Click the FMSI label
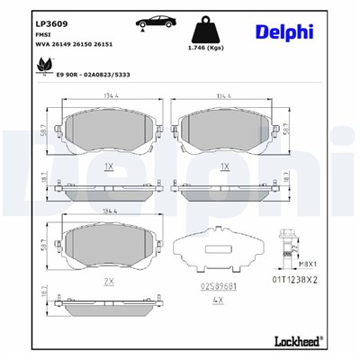pyautogui.click(x=18, y=31)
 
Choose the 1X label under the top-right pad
pyautogui.click(x=226, y=168)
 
